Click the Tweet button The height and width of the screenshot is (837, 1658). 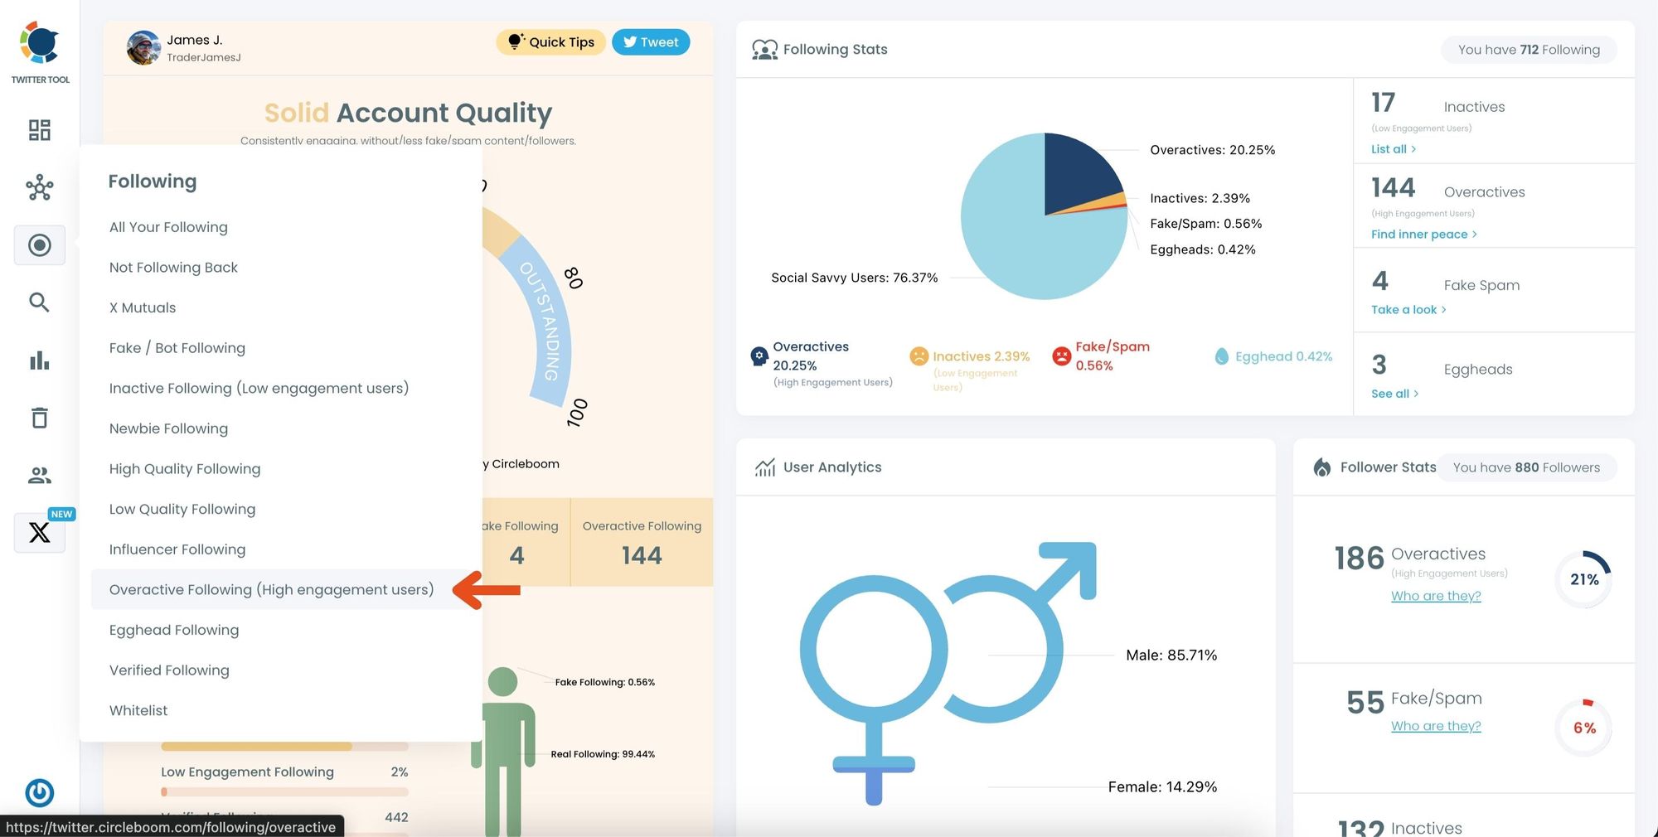click(651, 42)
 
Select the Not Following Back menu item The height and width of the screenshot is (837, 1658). click(173, 267)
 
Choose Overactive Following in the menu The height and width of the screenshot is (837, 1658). click(271, 589)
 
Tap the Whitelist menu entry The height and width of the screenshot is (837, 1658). click(138, 710)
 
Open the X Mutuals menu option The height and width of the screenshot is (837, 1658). click(143, 307)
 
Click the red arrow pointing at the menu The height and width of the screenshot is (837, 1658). click(487, 590)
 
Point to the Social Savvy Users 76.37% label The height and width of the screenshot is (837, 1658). click(854, 278)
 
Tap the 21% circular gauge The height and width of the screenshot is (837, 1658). click(1584, 579)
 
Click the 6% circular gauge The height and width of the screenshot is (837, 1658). click(1584, 728)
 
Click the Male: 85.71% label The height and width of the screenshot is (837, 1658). click(1171, 655)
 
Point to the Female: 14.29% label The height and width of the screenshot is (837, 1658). click(1162, 786)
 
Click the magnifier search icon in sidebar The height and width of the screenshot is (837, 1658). click(39, 302)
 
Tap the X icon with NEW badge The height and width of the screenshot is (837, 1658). click(39, 532)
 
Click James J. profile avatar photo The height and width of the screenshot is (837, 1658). click(143, 48)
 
